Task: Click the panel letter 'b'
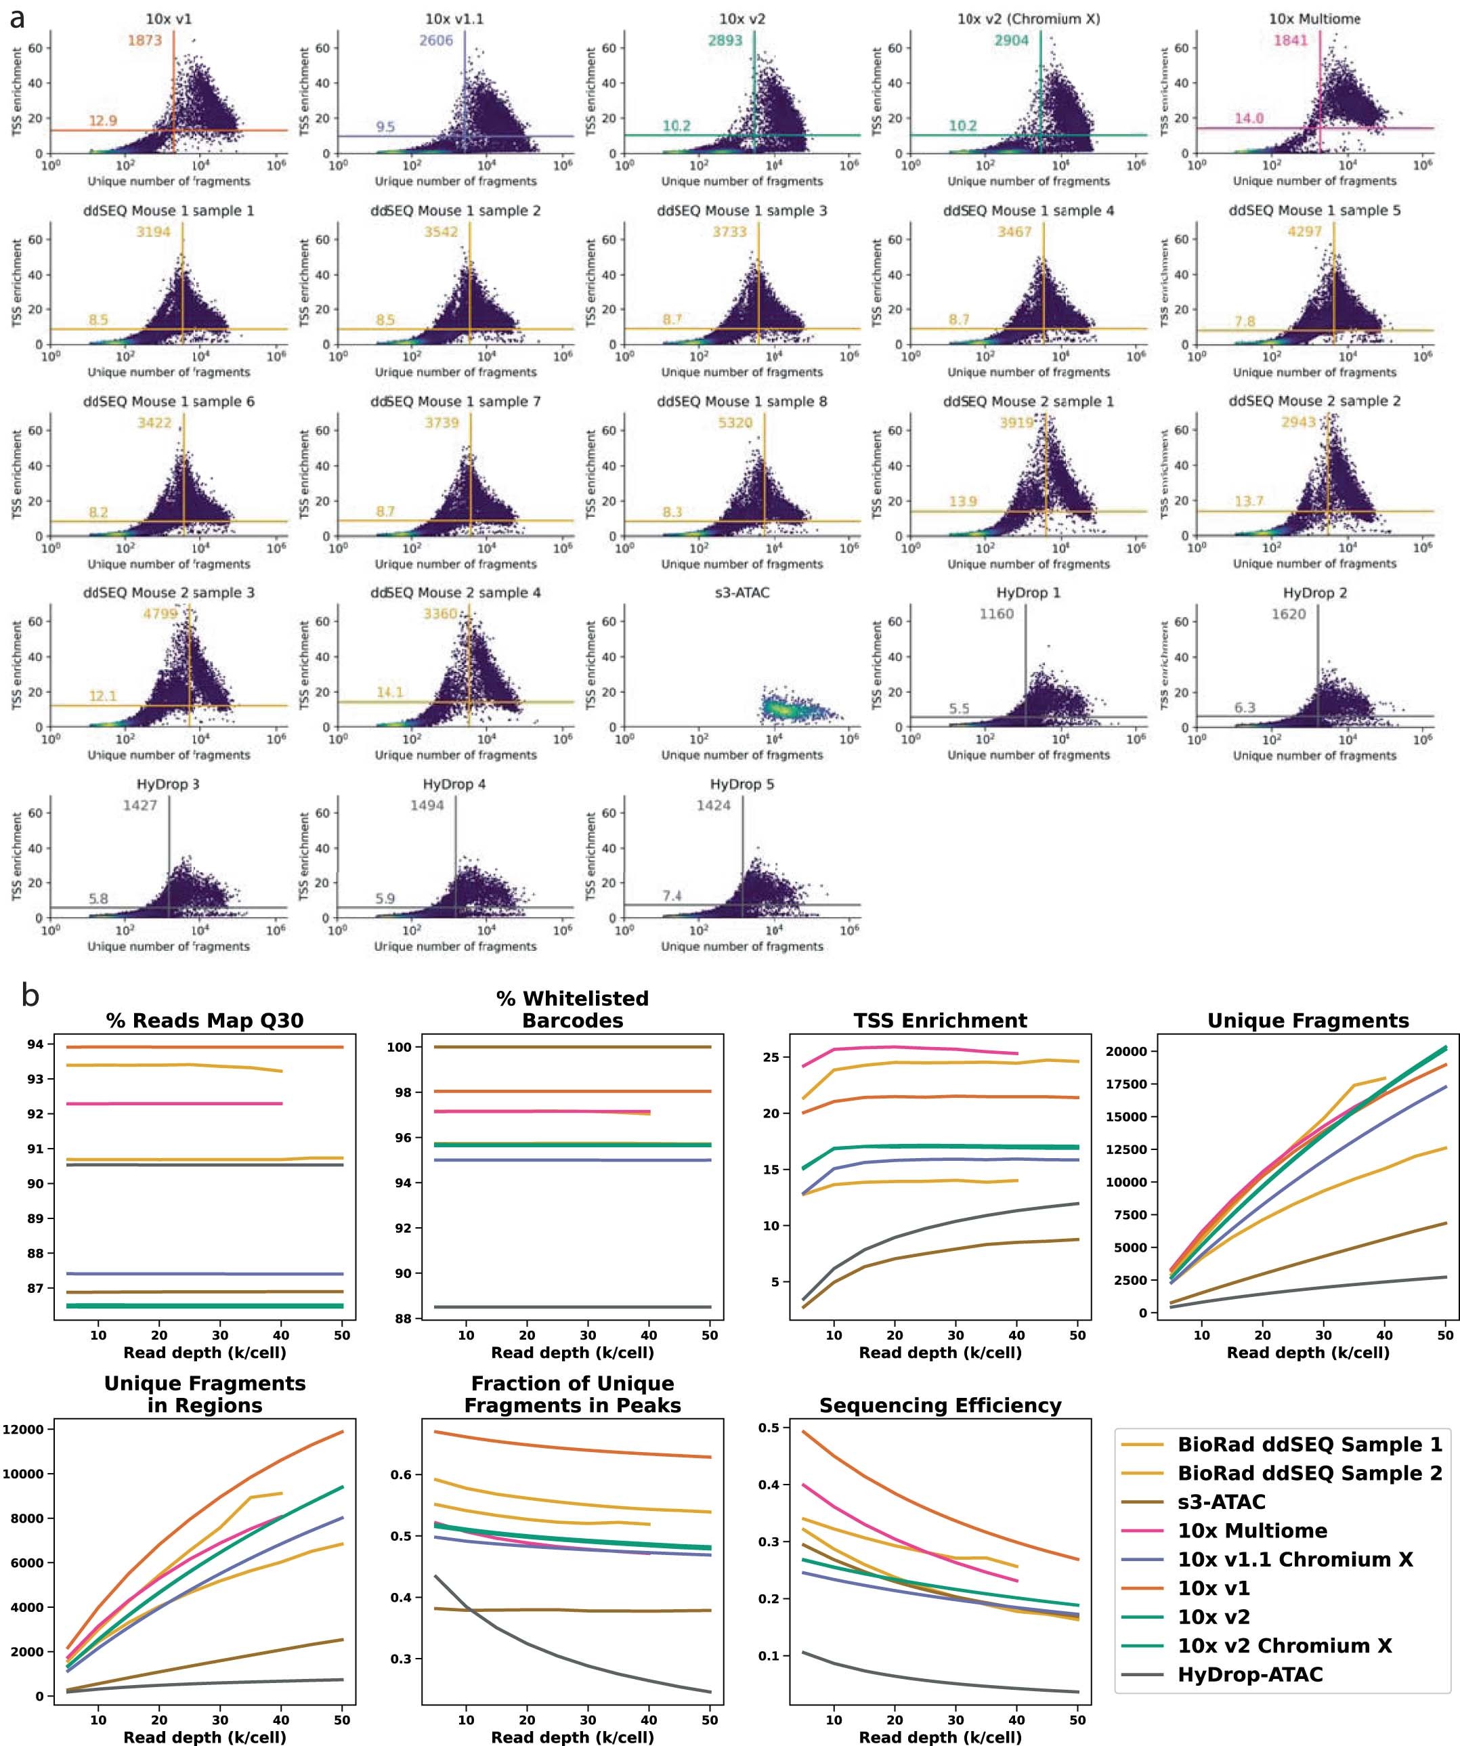point(30,995)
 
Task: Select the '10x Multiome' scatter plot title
point(1314,19)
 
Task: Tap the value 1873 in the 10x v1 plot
point(145,40)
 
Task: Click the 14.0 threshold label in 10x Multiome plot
point(1248,118)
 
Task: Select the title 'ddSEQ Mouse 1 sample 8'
point(742,402)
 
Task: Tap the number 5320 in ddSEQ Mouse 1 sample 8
point(735,423)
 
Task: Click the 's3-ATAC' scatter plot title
point(742,593)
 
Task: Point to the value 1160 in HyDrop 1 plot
point(996,614)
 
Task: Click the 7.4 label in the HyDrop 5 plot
point(672,895)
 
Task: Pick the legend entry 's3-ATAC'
point(1222,1502)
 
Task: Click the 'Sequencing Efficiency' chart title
point(941,1406)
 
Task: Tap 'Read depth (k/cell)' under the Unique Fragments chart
point(1308,1353)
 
